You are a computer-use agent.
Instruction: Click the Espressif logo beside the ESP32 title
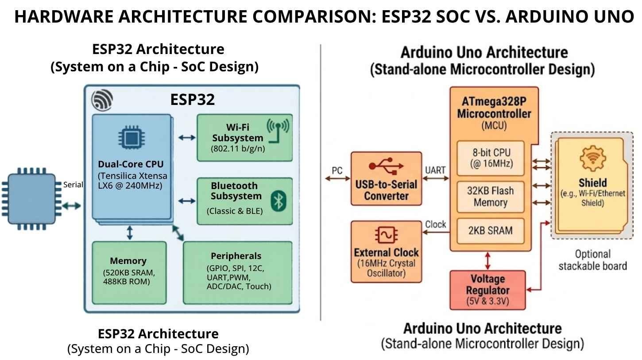point(102,100)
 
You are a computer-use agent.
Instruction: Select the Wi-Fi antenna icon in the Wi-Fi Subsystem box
point(278,130)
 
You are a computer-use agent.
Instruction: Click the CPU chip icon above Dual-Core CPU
point(130,138)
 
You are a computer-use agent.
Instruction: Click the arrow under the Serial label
point(72,205)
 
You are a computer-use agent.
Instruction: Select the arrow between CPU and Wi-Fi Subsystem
point(186,138)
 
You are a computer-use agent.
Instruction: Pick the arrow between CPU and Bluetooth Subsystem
point(186,201)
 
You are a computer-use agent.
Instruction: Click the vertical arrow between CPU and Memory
point(129,232)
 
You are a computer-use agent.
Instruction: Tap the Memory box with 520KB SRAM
point(129,272)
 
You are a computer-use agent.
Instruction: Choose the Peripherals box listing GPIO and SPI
point(238,272)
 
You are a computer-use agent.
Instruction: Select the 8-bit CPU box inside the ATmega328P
point(490,158)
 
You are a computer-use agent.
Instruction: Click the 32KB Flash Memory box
point(490,197)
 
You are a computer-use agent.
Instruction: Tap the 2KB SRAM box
point(490,231)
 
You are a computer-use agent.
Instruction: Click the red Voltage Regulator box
point(487,290)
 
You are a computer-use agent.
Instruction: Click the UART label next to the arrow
point(435,170)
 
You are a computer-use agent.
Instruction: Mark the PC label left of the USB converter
point(337,170)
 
